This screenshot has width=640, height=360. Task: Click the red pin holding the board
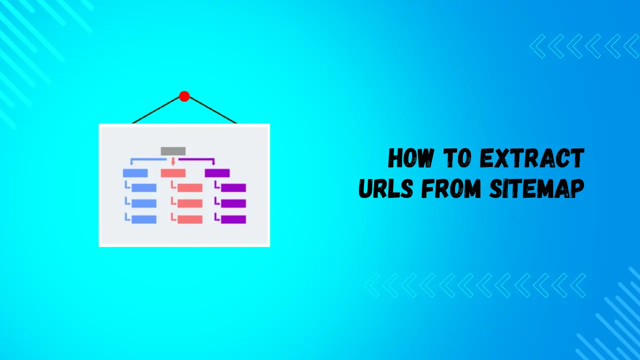point(184,96)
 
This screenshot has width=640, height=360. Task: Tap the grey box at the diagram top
point(173,151)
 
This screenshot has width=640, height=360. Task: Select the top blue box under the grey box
point(135,173)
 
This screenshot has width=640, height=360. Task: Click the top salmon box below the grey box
point(173,173)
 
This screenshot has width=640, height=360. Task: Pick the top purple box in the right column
point(217,173)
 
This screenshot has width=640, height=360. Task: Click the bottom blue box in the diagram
point(144,219)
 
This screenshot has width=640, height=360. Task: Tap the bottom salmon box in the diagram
point(190,219)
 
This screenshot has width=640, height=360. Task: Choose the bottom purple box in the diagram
point(233,219)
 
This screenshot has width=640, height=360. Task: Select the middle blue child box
point(144,203)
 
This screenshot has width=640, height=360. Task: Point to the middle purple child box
point(233,203)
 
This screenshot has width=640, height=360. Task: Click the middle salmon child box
point(190,203)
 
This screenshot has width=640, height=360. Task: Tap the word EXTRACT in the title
point(531,159)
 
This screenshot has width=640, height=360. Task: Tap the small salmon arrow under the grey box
point(173,161)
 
